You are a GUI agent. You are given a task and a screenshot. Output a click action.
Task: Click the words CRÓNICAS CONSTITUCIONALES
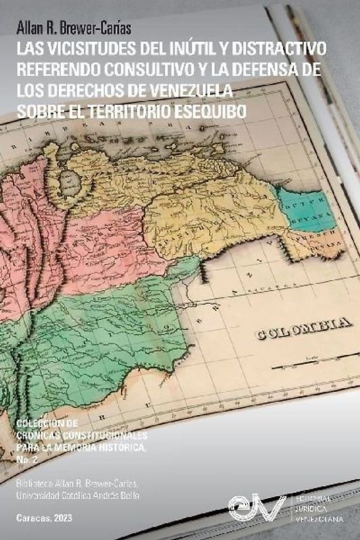pos(84,436)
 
